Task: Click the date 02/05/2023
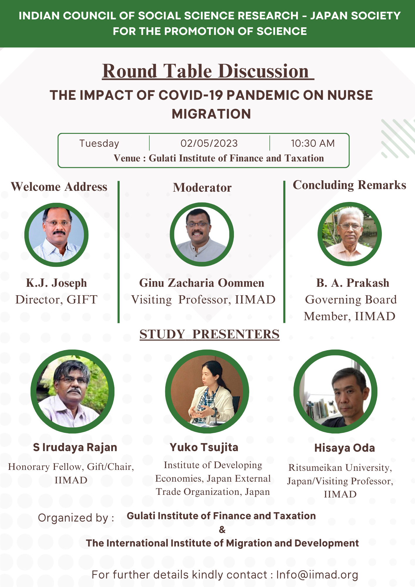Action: point(209,143)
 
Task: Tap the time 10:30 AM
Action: point(313,143)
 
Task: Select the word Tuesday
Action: point(99,144)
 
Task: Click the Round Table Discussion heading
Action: point(208,71)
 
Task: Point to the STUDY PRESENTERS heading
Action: point(210,334)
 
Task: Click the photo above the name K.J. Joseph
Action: point(56,235)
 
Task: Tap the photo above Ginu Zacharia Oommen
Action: point(202,234)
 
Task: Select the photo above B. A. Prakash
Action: point(350,234)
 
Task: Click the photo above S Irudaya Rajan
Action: point(72,392)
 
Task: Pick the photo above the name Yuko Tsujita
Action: point(207,392)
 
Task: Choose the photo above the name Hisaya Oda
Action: point(335,392)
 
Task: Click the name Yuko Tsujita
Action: point(204,448)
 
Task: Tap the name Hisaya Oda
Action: point(345,448)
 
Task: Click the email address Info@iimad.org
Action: point(317,575)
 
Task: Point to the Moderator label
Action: point(202,188)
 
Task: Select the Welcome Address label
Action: point(59,187)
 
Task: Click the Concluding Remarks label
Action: point(350,185)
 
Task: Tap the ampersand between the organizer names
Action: point(222,530)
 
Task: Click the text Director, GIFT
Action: point(56,300)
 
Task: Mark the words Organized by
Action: point(76,518)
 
